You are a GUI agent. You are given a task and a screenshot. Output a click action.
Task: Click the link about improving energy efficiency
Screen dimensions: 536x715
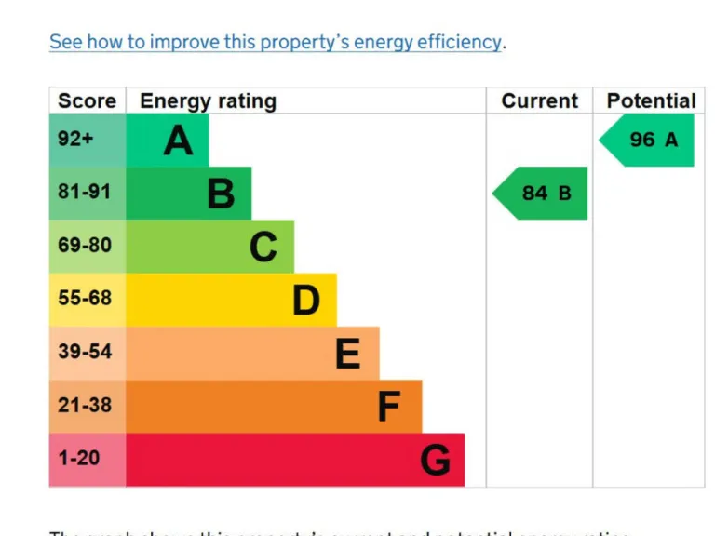pos(277,42)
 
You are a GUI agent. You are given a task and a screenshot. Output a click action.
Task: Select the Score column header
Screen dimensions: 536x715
pos(87,100)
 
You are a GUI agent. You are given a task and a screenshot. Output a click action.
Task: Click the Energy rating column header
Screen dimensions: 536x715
pos(208,100)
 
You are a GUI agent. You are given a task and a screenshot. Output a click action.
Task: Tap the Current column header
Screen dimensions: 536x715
pos(539,100)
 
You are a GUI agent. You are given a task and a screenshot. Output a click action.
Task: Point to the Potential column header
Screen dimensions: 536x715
pos(651,100)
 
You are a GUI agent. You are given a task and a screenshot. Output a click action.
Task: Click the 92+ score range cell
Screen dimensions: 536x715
pos(76,140)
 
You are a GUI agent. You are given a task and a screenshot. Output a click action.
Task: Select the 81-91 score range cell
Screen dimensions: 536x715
pos(85,193)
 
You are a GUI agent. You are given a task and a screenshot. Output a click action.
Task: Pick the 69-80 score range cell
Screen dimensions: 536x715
pos(85,246)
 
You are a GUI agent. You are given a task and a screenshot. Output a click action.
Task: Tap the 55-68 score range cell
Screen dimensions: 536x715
pos(85,299)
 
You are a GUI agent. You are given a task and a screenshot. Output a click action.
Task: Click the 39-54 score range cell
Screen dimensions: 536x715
pos(85,352)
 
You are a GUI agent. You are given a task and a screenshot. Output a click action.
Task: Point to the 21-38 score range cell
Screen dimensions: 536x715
pos(85,405)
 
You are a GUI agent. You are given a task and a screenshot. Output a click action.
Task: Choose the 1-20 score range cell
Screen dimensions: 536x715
pos(79,458)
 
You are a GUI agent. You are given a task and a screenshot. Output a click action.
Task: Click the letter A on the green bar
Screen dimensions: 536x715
pos(178,141)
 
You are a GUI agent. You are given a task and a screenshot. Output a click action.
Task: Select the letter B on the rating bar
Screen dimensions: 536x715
pos(221,194)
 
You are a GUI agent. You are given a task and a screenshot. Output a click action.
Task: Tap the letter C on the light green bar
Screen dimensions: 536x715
pos(263,247)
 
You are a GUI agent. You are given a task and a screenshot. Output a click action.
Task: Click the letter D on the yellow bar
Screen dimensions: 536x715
pos(306,300)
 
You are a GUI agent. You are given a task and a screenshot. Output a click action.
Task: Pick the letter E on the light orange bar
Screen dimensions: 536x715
pos(347,353)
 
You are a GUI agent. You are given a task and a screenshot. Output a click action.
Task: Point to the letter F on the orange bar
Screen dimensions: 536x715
pos(389,407)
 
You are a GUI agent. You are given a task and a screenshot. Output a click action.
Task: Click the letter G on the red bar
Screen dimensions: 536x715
pos(435,460)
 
